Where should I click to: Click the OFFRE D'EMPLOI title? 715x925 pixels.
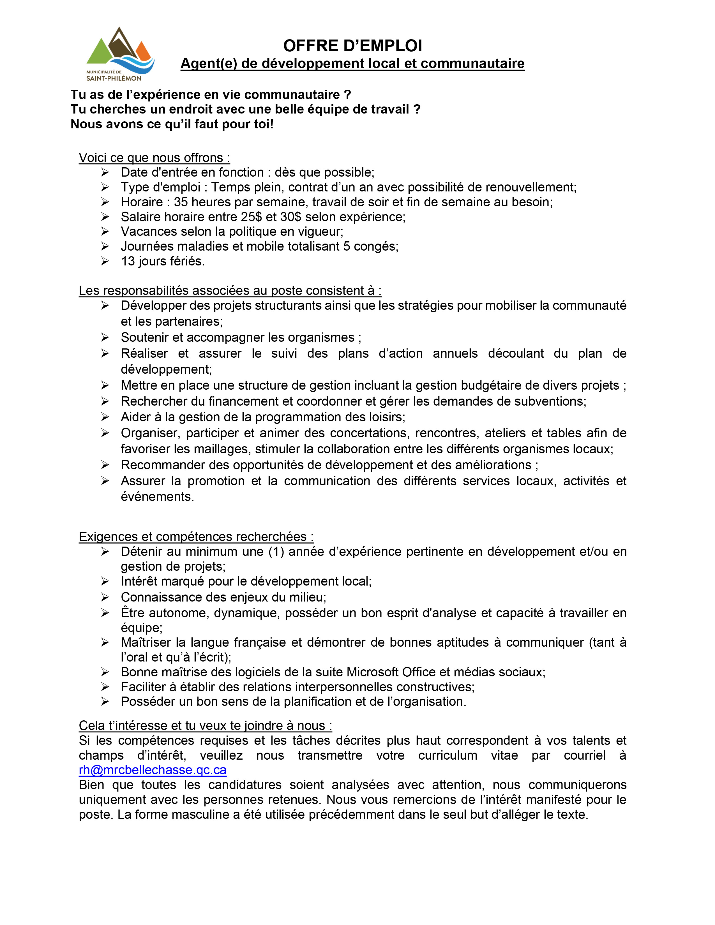pyautogui.click(x=352, y=46)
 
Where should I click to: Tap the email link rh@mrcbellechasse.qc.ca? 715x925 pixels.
pyautogui.click(x=153, y=769)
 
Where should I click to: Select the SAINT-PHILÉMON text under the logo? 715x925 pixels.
pyautogui.click(x=114, y=78)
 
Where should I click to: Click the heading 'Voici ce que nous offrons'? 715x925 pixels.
pyautogui.click(x=154, y=158)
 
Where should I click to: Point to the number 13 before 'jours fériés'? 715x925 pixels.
pyautogui.click(x=128, y=261)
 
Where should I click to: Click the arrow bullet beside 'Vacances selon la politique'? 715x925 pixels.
pyautogui.click(x=105, y=232)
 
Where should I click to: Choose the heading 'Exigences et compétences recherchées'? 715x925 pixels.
pyautogui.click(x=196, y=536)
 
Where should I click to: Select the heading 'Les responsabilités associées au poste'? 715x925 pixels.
pyautogui.click(x=230, y=291)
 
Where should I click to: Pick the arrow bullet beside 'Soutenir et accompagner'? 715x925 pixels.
pyautogui.click(x=105, y=337)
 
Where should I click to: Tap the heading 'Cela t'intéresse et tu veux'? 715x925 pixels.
pyautogui.click(x=205, y=725)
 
